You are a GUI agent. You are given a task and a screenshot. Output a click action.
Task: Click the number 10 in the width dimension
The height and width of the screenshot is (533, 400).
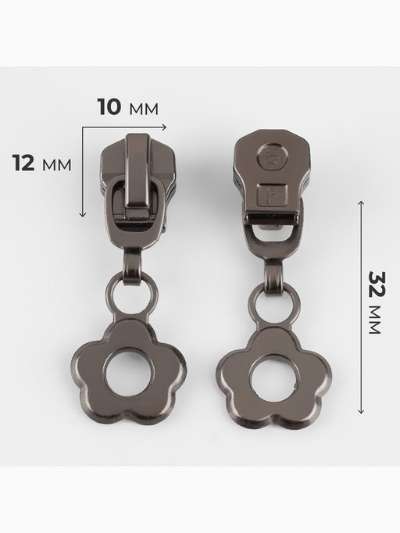[x=109, y=107]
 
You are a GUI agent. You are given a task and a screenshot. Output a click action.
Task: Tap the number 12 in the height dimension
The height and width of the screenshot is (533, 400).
[x=23, y=163]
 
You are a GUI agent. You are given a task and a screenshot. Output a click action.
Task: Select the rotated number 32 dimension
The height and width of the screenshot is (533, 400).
[x=377, y=284]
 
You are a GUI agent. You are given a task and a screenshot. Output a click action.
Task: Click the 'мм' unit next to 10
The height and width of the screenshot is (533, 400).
[x=144, y=109]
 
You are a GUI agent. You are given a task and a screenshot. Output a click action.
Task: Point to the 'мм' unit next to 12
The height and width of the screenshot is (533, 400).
[x=57, y=165]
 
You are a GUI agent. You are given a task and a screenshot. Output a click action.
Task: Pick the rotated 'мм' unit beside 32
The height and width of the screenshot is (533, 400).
[x=375, y=320]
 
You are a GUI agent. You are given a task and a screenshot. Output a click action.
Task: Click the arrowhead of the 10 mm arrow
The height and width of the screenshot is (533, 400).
[x=165, y=127]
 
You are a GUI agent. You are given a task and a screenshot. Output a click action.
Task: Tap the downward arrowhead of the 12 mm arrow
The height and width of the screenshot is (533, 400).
[x=83, y=214]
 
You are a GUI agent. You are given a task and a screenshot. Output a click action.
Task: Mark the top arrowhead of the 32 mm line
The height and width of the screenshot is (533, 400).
[x=361, y=203]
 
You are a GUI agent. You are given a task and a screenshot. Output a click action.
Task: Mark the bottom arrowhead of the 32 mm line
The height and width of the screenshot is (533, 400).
[x=361, y=411]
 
